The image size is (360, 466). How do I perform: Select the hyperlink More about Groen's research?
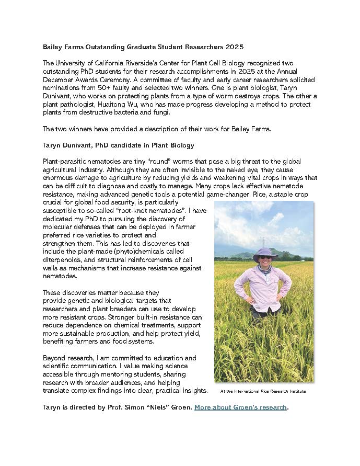point(240,407)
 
